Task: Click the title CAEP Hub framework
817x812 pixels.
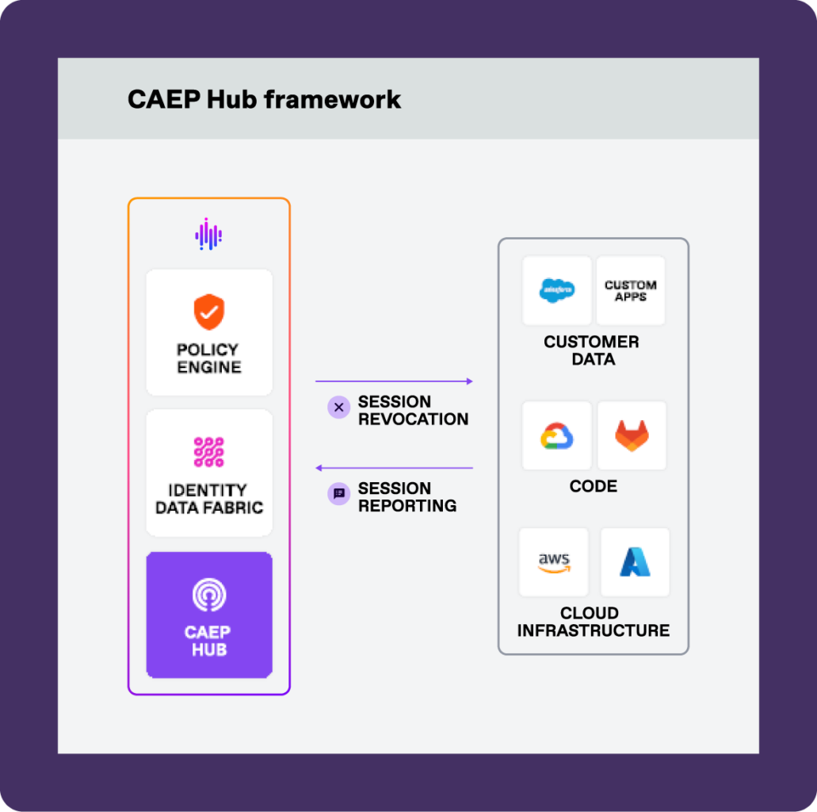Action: point(264,99)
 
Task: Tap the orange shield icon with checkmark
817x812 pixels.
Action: point(209,312)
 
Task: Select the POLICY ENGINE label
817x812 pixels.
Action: point(208,358)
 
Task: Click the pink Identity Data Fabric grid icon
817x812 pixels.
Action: point(209,452)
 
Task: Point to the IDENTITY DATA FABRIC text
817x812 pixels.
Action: point(209,499)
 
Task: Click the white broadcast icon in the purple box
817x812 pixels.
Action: point(209,595)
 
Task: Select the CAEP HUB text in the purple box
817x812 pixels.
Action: point(208,641)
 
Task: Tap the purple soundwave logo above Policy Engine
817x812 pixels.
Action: point(208,234)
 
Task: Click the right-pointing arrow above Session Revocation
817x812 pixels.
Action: point(394,381)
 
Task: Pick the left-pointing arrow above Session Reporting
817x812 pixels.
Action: point(394,468)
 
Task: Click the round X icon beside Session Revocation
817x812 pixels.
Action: point(338,408)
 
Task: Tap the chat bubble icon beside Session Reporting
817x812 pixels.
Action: point(338,494)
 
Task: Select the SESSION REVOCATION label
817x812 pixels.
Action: point(413,410)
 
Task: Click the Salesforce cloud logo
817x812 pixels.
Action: point(557,290)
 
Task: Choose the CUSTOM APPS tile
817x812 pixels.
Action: point(631,290)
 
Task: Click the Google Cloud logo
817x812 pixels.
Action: point(557,436)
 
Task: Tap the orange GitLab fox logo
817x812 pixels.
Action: point(632,436)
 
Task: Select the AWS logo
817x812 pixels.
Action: point(554,562)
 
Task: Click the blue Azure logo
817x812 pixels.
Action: point(635,562)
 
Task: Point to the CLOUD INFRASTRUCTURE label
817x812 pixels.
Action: point(593,622)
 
